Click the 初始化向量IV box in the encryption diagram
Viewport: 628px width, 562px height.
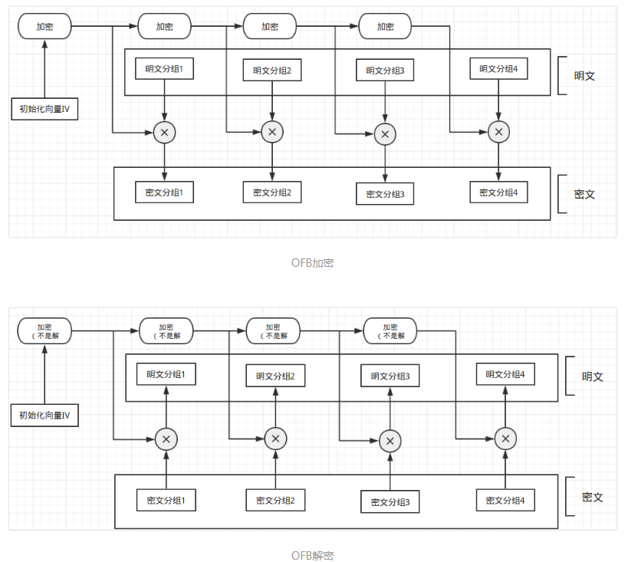click(x=44, y=109)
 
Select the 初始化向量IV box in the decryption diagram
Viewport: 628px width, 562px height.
click(x=44, y=416)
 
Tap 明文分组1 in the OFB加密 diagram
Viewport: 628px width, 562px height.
click(x=164, y=69)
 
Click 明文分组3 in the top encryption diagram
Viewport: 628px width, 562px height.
click(x=385, y=71)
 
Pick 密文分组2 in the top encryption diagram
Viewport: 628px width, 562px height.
click(x=272, y=192)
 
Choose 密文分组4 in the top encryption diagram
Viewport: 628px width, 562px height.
click(x=498, y=192)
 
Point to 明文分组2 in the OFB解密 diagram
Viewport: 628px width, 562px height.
click(x=275, y=376)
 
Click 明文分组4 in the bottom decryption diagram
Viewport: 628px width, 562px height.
click(x=505, y=374)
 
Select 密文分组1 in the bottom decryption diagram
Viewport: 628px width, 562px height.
click(x=166, y=501)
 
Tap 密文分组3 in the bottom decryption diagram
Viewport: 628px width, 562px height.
click(x=390, y=502)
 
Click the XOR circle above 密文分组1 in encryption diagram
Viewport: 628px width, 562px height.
click(x=164, y=133)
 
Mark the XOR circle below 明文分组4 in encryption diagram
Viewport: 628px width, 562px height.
click(x=498, y=133)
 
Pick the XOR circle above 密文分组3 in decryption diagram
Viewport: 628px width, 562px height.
click(x=390, y=440)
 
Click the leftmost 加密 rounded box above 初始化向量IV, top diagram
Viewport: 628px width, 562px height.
click(x=44, y=26)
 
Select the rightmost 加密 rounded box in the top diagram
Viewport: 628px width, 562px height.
click(x=385, y=26)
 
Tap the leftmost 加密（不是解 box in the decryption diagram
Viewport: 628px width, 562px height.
click(x=44, y=331)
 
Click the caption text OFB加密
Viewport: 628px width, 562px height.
click(x=312, y=263)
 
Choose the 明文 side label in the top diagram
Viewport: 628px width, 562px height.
click(x=585, y=76)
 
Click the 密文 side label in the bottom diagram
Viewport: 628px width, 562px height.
click(x=593, y=498)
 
